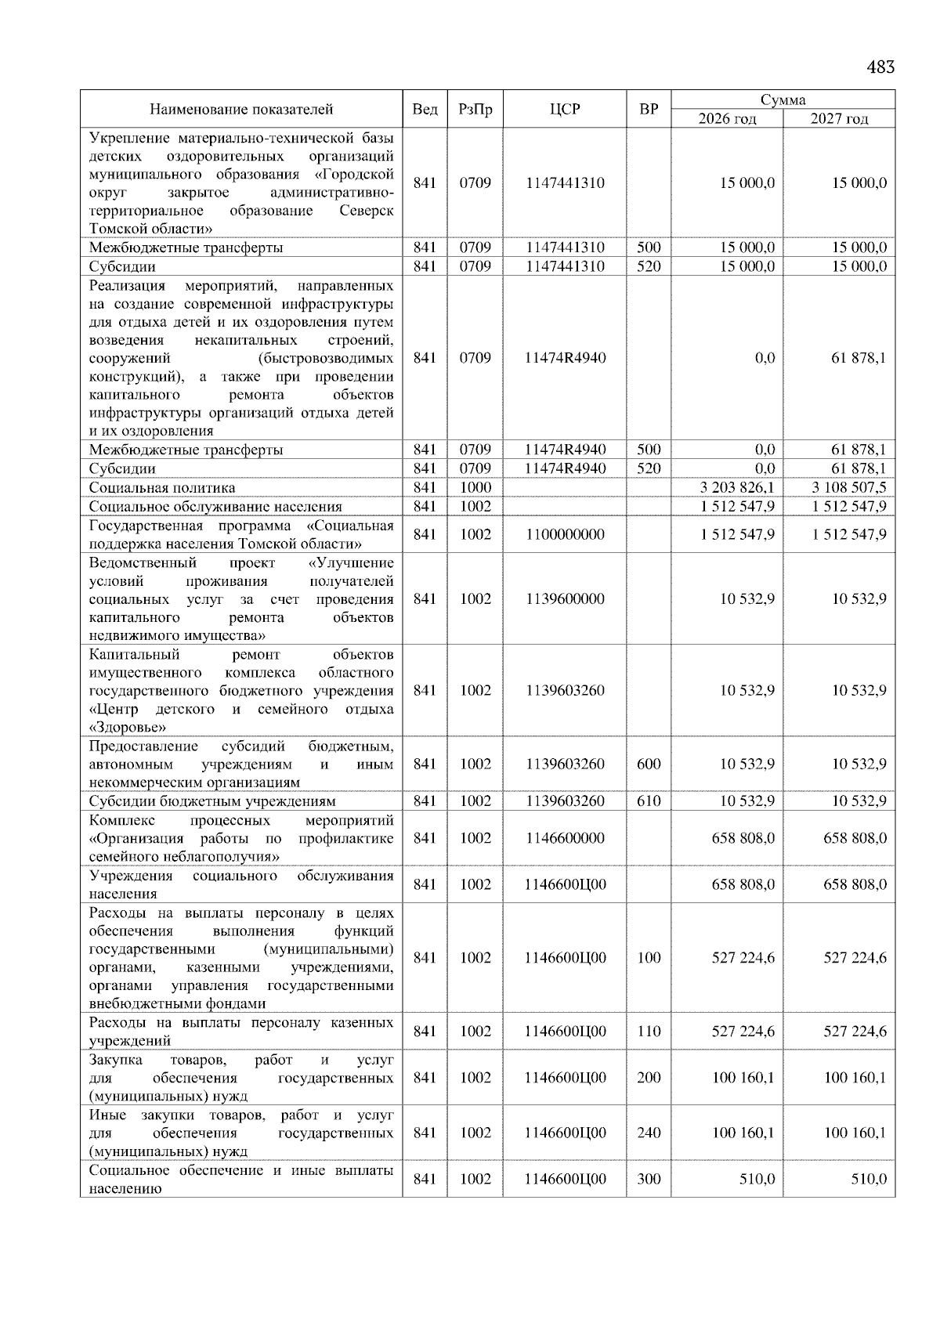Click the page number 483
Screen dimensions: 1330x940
point(880,67)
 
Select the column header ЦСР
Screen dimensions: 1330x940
point(565,110)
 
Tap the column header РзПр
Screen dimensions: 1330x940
point(475,110)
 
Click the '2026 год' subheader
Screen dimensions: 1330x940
point(727,119)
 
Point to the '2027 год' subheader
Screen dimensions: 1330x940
point(839,119)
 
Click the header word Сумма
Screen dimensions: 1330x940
point(783,100)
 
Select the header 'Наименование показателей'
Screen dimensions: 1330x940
point(241,110)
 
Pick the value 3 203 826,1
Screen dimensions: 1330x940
point(737,488)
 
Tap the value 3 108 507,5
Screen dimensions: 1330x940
point(849,488)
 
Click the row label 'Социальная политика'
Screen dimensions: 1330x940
point(162,488)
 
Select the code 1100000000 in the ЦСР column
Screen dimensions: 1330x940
point(565,535)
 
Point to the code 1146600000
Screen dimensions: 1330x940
point(565,838)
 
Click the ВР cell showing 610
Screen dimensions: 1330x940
point(649,801)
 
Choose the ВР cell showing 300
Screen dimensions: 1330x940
point(649,1179)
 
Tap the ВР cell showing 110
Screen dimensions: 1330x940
point(649,1032)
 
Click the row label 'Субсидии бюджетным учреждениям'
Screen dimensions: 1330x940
point(212,801)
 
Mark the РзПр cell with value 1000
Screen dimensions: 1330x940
point(475,488)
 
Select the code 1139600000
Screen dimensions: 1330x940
point(565,599)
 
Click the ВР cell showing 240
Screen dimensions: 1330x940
point(649,1133)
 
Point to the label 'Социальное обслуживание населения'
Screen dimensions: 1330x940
point(215,507)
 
